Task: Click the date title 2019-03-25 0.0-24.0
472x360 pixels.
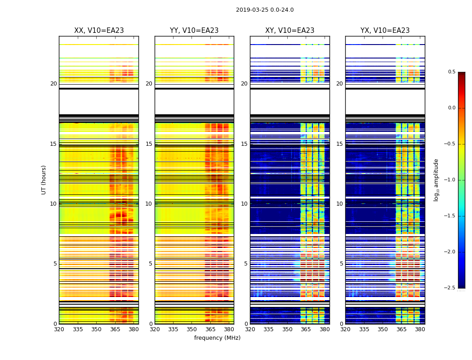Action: pyautogui.click(x=265, y=10)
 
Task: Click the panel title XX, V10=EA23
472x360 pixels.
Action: pyautogui.click(x=99, y=31)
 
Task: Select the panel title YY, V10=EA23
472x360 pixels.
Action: pyautogui.click(x=194, y=31)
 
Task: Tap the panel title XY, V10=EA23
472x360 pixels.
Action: pyautogui.click(x=289, y=31)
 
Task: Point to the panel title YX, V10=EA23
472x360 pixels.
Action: pyautogui.click(x=385, y=31)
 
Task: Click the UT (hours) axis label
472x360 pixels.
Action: pyautogui.click(x=44, y=180)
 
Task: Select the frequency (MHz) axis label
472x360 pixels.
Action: pyautogui.click(x=217, y=338)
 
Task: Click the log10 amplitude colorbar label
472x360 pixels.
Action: pyautogui.click(x=436, y=180)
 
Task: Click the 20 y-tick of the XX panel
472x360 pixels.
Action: pyautogui.click(x=53, y=84)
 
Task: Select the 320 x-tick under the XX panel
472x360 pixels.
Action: pyautogui.click(x=59, y=329)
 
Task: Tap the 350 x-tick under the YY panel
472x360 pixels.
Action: pyautogui.click(x=192, y=329)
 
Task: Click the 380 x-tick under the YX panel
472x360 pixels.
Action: pyautogui.click(x=420, y=329)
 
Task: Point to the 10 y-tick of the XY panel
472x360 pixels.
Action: pyautogui.click(x=244, y=204)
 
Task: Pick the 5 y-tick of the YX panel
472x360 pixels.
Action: pyautogui.click(x=341, y=264)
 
